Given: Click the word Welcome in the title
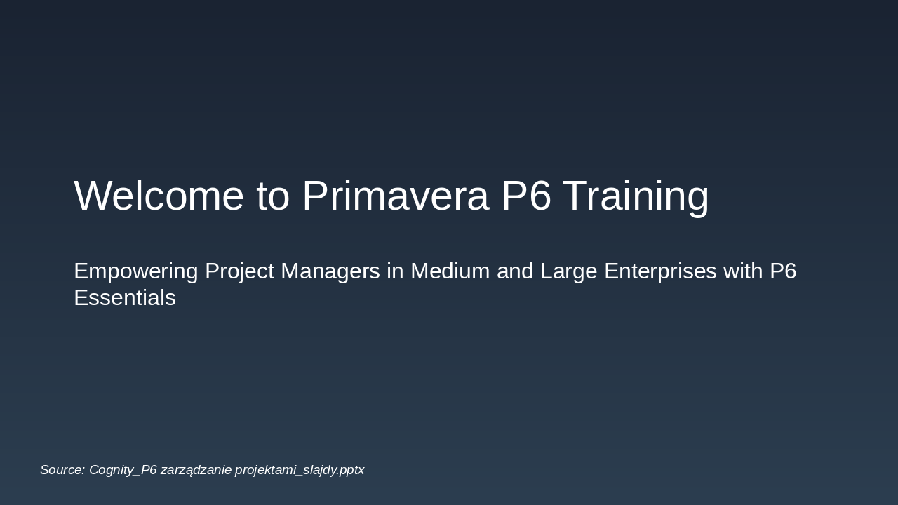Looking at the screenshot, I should click(159, 196).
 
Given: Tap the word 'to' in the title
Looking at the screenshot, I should click(273, 196).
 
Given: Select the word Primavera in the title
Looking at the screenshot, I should click(395, 196).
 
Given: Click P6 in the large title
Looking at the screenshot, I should click(526, 196).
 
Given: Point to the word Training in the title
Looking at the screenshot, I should click(636, 196).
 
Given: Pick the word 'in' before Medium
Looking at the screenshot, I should click(395, 271).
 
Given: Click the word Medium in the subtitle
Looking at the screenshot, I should click(450, 271).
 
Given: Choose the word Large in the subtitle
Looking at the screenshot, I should click(566, 271).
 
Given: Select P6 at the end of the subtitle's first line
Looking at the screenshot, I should click(783, 271).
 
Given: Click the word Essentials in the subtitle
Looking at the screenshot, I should click(125, 298).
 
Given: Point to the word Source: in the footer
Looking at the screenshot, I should click(62, 470).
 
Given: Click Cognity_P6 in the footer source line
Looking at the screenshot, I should click(123, 470).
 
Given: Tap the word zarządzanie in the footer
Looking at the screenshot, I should click(196, 470).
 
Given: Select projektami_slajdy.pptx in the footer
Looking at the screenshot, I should click(300, 470).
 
